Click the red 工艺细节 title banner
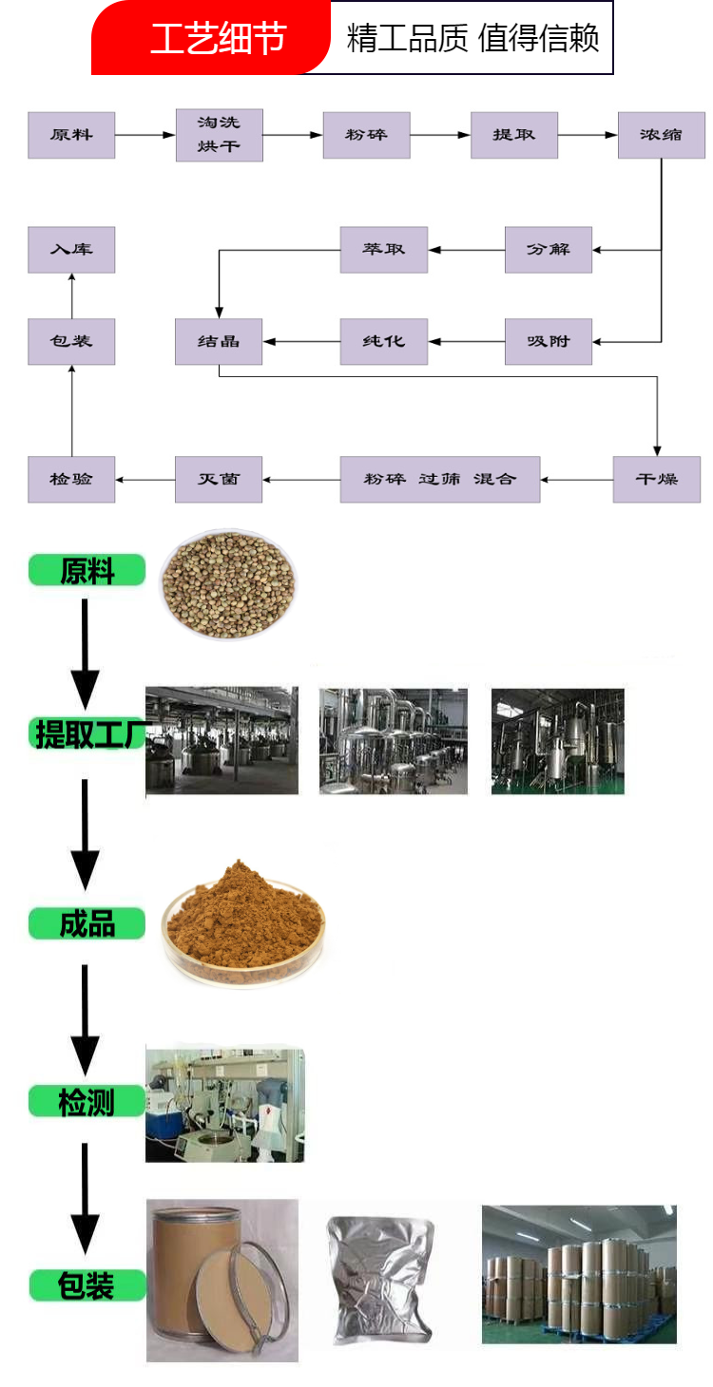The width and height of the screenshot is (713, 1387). point(211,38)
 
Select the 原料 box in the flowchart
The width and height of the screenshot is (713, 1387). point(71,135)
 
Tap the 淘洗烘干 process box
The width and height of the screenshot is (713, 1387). point(220,135)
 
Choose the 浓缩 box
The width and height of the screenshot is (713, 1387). point(661,135)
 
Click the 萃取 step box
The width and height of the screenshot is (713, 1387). point(383,250)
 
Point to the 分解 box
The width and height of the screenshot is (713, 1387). point(549,250)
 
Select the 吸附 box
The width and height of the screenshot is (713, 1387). point(549,341)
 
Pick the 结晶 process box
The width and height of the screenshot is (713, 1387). point(219,341)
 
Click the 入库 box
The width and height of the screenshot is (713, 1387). point(71,250)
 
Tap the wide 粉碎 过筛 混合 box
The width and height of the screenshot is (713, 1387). point(440,479)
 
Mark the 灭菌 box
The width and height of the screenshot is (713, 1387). point(219,479)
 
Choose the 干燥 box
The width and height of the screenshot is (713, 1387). point(657,479)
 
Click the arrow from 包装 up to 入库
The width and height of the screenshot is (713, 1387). point(72,296)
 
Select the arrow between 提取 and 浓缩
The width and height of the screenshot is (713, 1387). point(588,135)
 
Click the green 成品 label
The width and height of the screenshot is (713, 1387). point(87,923)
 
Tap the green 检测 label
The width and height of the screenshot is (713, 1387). point(87,1102)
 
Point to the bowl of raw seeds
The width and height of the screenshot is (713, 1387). point(228,584)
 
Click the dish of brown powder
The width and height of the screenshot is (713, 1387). point(243,923)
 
